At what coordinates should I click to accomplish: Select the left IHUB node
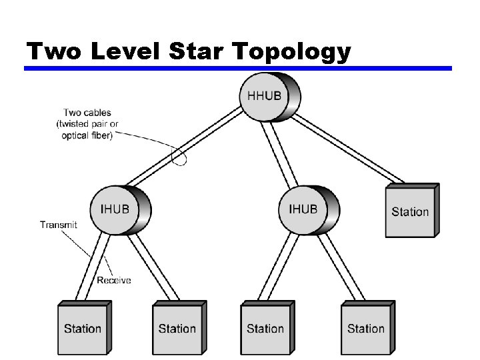[x=115, y=209]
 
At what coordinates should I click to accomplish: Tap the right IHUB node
[x=303, y=209]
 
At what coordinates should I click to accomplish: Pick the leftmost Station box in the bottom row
[x=83, y=328]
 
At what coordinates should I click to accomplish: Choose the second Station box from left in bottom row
[x=177, y=328]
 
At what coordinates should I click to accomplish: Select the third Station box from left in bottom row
[x=265, y=328]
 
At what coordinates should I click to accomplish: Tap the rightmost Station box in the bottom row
[x=366, y=328]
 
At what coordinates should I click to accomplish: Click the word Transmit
[x=58, y=225]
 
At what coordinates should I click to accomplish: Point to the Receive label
[x=114, y=280]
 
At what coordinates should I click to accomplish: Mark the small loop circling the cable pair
[x=179, y=156]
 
